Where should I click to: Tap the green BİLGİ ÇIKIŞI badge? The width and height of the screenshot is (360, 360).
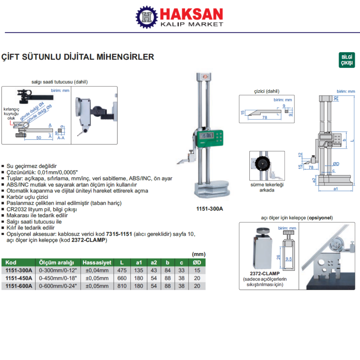point(346,60)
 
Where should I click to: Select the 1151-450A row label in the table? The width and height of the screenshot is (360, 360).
point(17,278)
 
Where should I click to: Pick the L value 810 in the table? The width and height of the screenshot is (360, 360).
point(121,286)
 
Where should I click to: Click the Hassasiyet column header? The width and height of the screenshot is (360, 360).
point(97,262)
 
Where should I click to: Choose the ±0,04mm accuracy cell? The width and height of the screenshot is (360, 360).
point(97,270)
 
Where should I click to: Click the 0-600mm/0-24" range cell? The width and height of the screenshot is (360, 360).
point(58,286)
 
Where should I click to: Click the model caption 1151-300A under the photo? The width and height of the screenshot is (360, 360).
point(210,208)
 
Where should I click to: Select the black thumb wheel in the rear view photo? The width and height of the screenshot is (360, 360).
point(261,163)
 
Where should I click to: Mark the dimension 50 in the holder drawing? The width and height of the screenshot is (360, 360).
point(39,138)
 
